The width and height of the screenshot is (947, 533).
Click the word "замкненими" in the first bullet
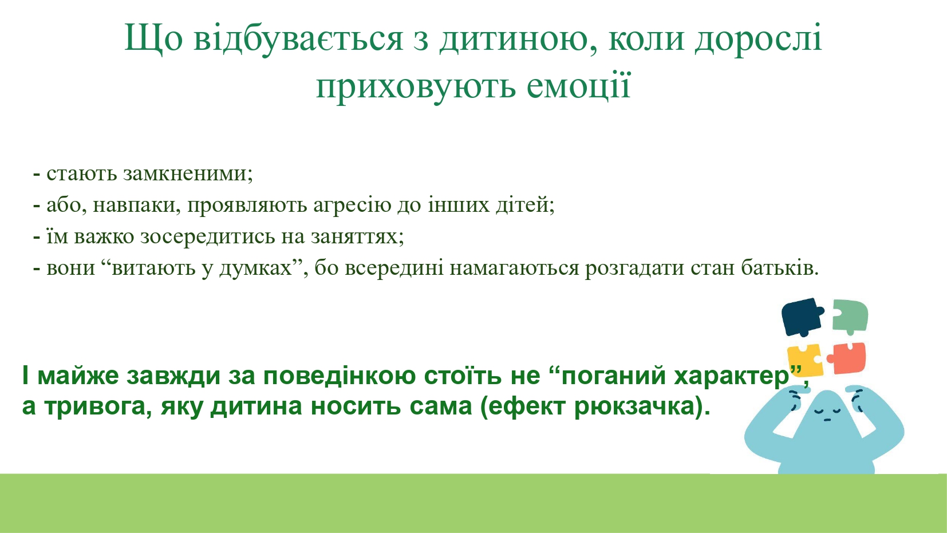(188, 173)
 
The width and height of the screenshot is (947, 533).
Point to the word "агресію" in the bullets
(352, 206)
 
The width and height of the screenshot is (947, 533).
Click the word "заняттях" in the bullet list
(357, 237)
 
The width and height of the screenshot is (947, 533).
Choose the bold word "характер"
(731, 376)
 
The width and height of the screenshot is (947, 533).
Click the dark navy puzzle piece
(802, 317)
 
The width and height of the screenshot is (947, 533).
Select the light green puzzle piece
(850, 315)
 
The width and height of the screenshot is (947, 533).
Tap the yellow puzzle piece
(806, 361)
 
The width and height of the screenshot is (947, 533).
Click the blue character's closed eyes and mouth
(828, 413)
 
